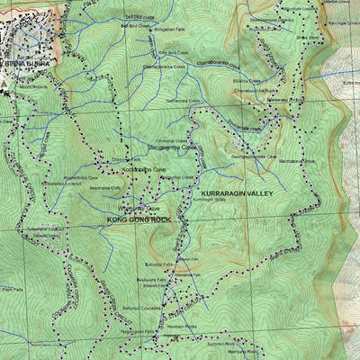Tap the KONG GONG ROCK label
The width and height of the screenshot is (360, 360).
click(x=139, y=219)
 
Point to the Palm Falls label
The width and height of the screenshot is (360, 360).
click(x=12, y=290)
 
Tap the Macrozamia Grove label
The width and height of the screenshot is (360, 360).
click(x=300, y=161)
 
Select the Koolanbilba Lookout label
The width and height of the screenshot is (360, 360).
click(x=59, y=183)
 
